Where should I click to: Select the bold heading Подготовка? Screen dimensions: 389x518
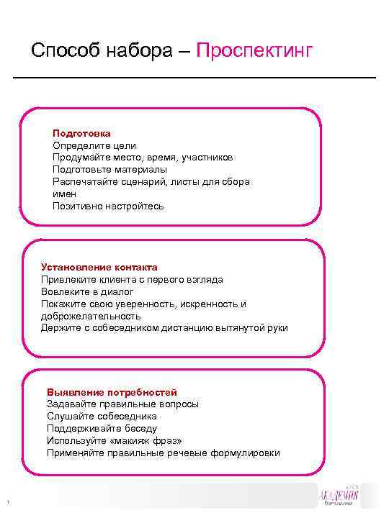pos(81,133)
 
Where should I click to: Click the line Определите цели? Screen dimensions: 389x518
pos(89,145)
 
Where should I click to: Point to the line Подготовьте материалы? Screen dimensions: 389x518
pos(109,169)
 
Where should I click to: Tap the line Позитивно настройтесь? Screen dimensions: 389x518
pos(108,206)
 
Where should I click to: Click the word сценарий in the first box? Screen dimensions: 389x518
pos(143,181)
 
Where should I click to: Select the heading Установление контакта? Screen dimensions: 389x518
pos(99,267)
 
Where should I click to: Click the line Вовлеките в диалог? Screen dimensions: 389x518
pos(87,291)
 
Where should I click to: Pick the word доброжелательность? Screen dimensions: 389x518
pos(91,316)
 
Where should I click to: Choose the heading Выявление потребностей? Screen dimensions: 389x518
pos(112,392)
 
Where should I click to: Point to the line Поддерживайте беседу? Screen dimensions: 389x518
pos(102,429)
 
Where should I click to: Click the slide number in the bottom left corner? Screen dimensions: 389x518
pos(5,501)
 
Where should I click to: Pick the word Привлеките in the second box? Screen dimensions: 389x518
pos(68,279)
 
